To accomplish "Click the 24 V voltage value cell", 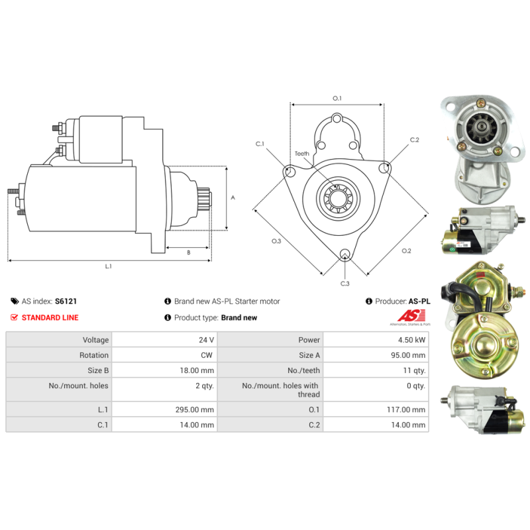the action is pyautogui.click(x=206, y=340).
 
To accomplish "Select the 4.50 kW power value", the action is pyautogui.click(x=411, y=340).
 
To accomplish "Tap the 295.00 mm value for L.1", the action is pyautogui.click(x=194, y=409).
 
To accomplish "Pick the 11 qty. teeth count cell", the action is pyautogui.click(x=414, y=370).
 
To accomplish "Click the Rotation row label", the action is pyautogui.click(x=94, y=355).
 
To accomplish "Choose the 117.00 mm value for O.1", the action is pyautogui.click(x=406, y=409).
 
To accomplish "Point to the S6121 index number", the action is pyautogui.click(x=66, y=301).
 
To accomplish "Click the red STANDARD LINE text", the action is pyautogui.click(x=50, y=318).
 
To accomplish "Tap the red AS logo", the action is pyautogui.click(x=411, y=316).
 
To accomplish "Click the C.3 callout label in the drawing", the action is pyautogui.click(x=344, y=284).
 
